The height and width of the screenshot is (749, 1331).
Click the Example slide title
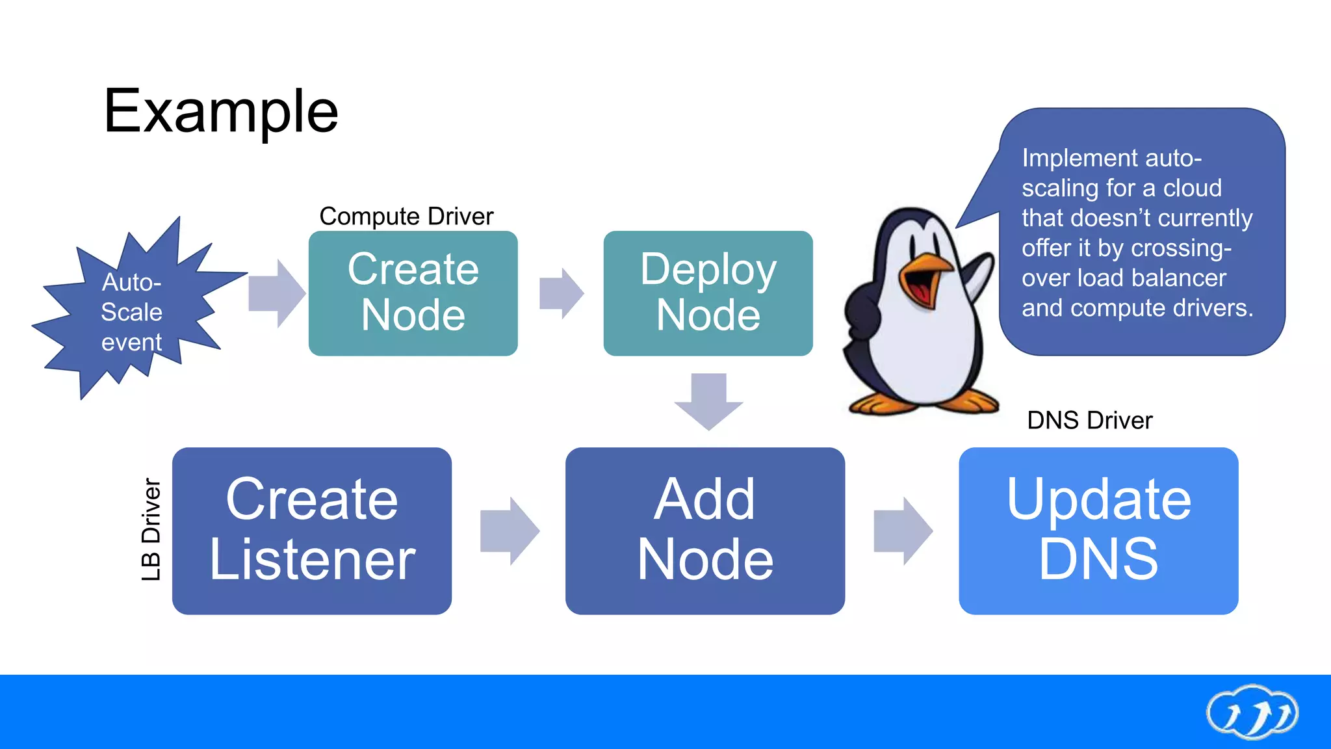[221, 112]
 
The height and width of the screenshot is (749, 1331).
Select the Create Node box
[413, 293]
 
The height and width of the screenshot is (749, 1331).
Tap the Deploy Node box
[708, 293]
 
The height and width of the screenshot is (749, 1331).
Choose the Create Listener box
[312, 531]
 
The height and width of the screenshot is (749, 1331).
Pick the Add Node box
[705, 531]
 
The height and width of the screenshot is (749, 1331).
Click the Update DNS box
[1098, 531]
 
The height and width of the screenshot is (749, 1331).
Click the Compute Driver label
[406, 216]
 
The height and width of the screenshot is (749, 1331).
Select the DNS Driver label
[1089, 421]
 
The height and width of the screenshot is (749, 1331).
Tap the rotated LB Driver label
[151, 529]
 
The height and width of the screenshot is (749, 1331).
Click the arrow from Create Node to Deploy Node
[561, 293]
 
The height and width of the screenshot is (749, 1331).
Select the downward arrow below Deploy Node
[708, 400]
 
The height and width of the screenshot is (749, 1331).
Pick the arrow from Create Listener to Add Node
[509, 531]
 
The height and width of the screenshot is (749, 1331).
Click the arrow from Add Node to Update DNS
[902, 531]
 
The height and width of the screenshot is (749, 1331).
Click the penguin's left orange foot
[877, 404]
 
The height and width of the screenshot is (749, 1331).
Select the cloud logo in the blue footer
[1252, 712]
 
